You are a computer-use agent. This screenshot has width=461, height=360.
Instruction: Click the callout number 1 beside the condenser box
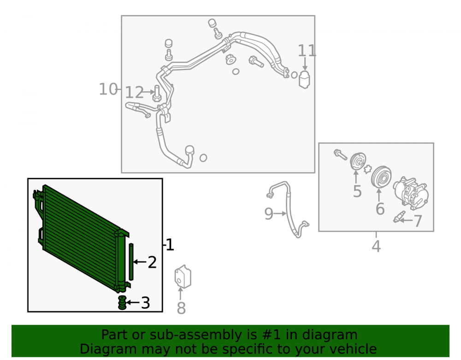[x=170, y=245]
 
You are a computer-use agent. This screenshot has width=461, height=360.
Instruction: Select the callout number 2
[x=152, y=262]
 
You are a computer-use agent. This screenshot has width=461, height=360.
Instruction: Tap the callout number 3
[x=146, y=303]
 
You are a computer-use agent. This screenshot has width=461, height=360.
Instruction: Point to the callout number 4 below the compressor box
[x=376, y=246]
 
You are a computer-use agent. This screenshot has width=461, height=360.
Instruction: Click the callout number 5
[x=357, y=191]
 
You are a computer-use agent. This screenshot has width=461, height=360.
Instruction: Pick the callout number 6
[x=380, y=209]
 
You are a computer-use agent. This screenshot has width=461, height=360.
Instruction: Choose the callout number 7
[x=418, y=221]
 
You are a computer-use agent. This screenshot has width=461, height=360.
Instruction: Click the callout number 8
[x=181, y=308]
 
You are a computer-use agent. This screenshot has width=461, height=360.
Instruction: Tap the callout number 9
[x=269, y=213]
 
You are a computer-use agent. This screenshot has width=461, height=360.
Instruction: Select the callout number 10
[x=108, y=89]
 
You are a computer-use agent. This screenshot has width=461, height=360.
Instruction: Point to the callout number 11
[x=307, y=51]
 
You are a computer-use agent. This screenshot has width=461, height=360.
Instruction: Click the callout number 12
[x=134, y=93]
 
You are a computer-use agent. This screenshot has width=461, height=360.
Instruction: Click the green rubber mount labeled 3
[x=122, y=303]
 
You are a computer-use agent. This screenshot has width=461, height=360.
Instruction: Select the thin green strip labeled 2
[x=131, y=261]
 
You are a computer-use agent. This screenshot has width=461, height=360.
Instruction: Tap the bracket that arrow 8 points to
[x=183, y=277]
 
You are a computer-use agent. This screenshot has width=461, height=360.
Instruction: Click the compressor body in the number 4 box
[x=411, y=193]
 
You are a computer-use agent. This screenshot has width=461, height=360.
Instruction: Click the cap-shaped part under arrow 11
[x=304, y=79]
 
